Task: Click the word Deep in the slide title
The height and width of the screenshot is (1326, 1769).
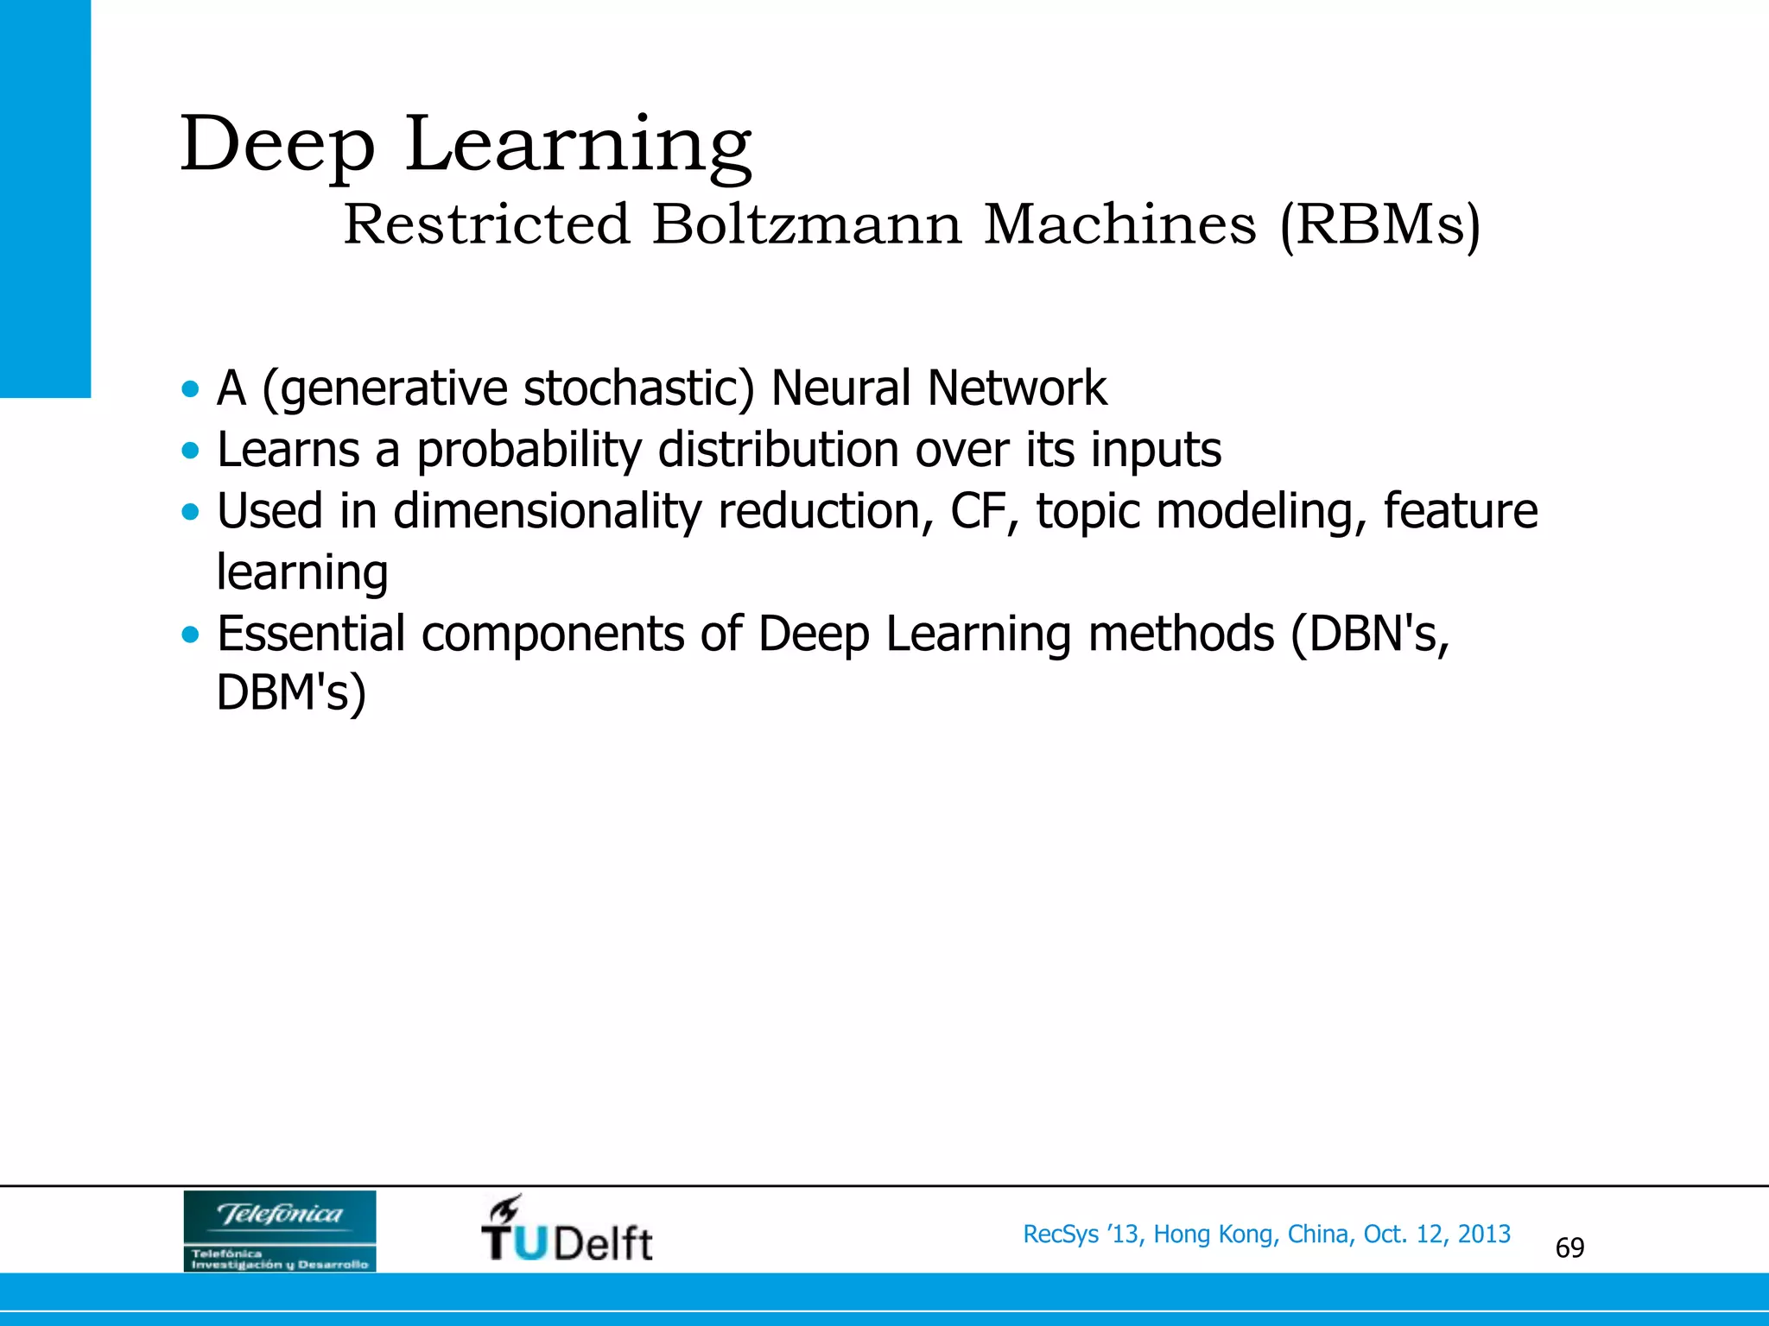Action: [277, 145]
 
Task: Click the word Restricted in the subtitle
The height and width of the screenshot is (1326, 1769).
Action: [487, 224]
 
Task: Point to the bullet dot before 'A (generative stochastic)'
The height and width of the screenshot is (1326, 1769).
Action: [190, 388]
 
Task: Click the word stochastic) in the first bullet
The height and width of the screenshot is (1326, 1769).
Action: [639, 388]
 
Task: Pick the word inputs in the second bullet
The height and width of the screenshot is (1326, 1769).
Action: [1156, 451]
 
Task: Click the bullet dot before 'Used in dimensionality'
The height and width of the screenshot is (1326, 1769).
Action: [190, 512]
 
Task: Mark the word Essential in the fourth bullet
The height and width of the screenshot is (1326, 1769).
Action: [311, 634]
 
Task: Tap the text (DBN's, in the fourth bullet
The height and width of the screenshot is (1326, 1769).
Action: [1370, 634]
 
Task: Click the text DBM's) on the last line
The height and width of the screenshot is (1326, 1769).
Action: [291, 693]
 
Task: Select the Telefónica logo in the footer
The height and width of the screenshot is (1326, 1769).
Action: [280, 1231]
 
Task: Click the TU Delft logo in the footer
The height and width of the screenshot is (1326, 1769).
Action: [567, 1229]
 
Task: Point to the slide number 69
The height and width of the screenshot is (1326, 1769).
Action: [1569, 1248]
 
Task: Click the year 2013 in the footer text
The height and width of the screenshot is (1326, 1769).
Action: [1484, 1234]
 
